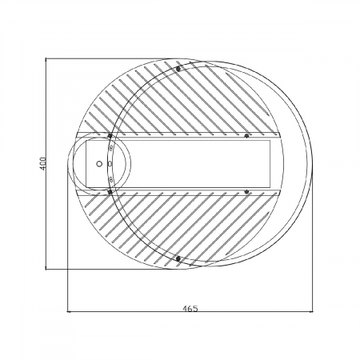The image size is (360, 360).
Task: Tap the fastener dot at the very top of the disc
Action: [x=178, y=68]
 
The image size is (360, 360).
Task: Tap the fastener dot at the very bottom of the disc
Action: [x=178, y=258]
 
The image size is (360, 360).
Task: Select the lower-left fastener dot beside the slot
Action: [x=109, y=191]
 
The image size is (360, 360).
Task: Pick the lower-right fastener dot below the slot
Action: [x=246, y=191]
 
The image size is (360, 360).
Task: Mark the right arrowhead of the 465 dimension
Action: [x=310, y=311]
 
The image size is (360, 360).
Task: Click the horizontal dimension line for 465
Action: [x=240, y=311]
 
